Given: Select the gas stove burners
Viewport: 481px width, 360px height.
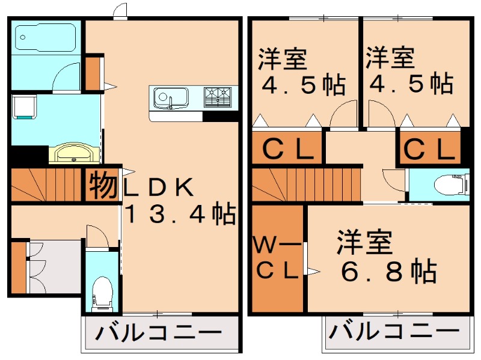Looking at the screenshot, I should (218, 96).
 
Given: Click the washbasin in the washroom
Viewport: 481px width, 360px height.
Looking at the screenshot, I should (75, 153).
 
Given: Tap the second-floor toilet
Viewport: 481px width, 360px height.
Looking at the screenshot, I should (449, 184).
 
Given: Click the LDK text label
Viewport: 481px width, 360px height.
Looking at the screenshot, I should (159, 188).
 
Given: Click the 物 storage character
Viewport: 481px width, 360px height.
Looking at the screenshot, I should (103, 187).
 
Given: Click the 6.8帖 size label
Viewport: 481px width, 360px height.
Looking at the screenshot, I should (388, 273).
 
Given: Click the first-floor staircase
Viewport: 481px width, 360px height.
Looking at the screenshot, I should (45, 184).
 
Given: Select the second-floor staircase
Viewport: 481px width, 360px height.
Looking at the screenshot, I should (304, 184).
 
